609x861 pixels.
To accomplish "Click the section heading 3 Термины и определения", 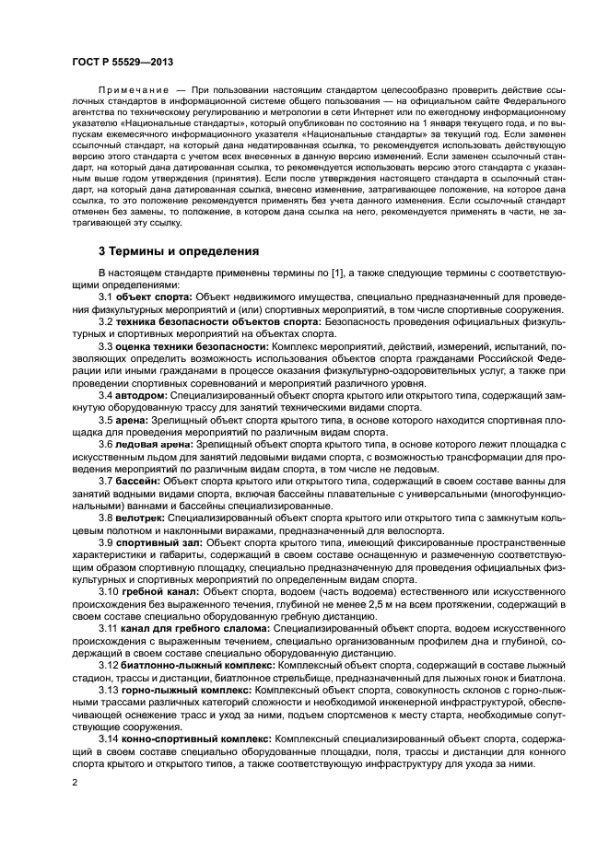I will coord(179,250).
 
